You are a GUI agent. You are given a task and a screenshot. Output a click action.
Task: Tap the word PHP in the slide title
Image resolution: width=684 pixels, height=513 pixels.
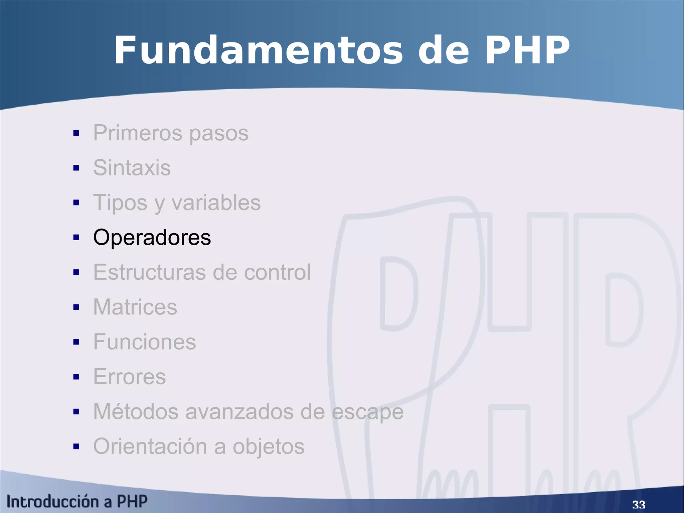tap(527, 50)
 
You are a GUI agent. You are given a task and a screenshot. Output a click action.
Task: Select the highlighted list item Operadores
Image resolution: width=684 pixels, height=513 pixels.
tap(152, 237)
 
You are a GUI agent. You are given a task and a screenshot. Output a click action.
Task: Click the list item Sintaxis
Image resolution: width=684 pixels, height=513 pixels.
tap(132, 167)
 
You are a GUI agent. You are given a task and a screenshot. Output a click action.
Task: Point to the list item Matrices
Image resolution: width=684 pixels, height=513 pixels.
tap(135, 307)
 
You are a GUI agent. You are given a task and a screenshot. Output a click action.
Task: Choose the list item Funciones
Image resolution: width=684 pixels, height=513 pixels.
tap(144, 342)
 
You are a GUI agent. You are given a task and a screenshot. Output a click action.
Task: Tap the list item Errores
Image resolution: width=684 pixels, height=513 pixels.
tap(129, 377)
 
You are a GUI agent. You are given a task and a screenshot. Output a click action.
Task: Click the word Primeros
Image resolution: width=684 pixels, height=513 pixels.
tap(138, 133)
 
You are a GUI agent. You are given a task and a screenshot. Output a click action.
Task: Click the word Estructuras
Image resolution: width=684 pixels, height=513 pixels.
tap(150, 272)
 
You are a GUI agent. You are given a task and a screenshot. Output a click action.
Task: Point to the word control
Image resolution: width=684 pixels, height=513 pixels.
tap(277, 272)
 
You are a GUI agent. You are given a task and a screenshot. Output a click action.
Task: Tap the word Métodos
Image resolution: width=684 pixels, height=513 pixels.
tap(136, 411)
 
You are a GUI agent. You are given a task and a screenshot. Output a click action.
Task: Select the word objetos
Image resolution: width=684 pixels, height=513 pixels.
tap(269, 447)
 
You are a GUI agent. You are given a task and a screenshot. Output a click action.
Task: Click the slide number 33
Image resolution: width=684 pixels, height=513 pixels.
tap(639, 504)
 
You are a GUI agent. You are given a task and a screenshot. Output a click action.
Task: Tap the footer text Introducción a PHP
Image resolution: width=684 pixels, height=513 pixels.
tap(77, 502)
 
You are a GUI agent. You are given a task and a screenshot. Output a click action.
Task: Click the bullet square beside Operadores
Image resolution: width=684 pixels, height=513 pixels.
tap(76, 238)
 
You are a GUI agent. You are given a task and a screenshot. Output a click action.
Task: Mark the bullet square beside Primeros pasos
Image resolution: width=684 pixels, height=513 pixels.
tap(76, 133)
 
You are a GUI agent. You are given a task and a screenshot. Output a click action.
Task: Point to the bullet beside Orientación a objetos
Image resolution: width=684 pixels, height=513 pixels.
tap(76, 446)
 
